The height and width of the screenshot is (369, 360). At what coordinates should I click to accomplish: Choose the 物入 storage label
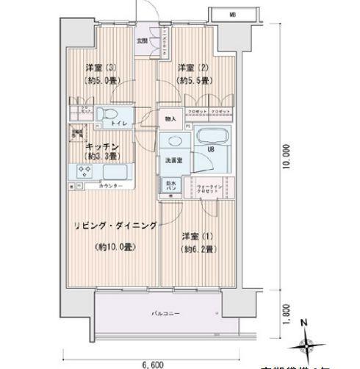pyautogui.click(x=169, y=118)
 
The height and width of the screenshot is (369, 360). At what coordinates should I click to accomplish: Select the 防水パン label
pyautogui.click(x=168, y=186)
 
